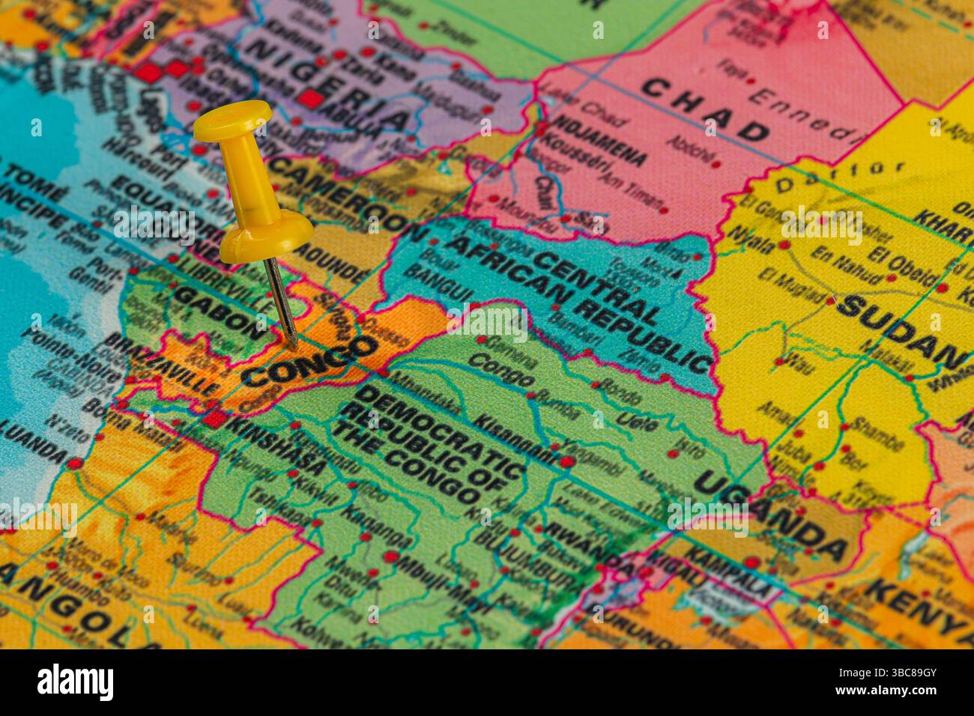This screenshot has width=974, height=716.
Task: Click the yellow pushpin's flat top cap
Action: pos(232,120)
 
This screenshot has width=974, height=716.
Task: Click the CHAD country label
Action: pos(706,109)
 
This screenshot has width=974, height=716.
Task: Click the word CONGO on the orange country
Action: pos(310,361)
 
